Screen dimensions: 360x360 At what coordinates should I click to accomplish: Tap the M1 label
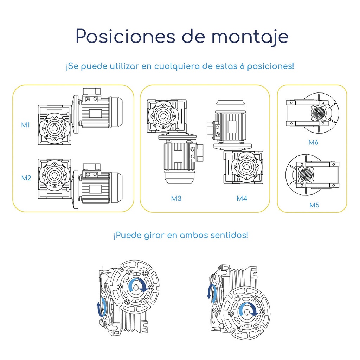point(25,125)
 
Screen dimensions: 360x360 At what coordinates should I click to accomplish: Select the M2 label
point(26,178)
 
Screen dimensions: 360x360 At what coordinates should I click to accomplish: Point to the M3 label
point(176,199)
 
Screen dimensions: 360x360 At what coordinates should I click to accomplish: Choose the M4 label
point(242,199)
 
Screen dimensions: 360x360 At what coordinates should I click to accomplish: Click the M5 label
point(314,205)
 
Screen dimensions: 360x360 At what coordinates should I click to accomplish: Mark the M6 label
point(313,142)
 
